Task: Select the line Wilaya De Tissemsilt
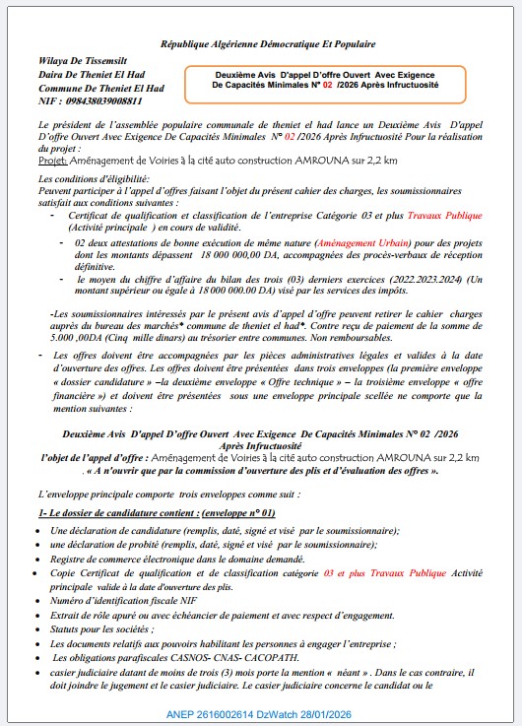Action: tap(81, 60)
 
